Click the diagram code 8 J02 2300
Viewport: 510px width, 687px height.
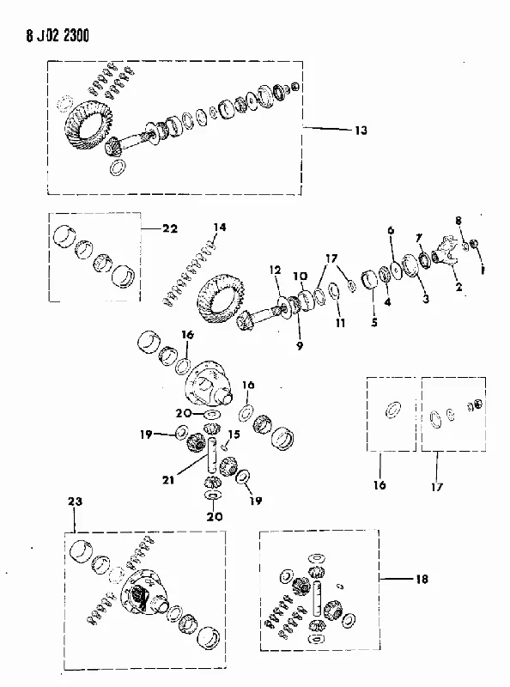pyautogui.click(x=58, y=35)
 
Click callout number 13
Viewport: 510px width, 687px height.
pyautogui.click(x=361, y=131)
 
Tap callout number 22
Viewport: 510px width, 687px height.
pyautogui.click(x=170, y=228)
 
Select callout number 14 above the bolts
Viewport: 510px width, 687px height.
pyautogui.click(x=220, y=228)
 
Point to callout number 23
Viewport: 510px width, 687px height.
pyautogui.click(x=75, y=502)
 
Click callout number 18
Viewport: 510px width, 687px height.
pyautogui.click(x=422, y=579)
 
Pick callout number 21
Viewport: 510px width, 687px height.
pyautogui.click(x=168, y=480)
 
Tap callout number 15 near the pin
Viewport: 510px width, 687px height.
pyautogui.click(x=234, y=435)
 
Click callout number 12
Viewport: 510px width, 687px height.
pyautogui.click(x=275, y=270)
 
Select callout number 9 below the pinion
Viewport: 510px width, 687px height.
pyautogui.click(x=300, y=346)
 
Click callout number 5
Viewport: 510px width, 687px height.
pyautogui.click(x=373, y=323)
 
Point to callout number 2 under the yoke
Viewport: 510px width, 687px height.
pyautogui.click(x=458, y=288)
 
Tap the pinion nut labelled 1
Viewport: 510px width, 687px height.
pyautogui.click(x=474, y=243)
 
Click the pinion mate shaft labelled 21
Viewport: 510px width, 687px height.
pyautogui.click(x=213, y=456)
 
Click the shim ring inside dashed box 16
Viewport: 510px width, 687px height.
pyautogui.click(x=392, y=410)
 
